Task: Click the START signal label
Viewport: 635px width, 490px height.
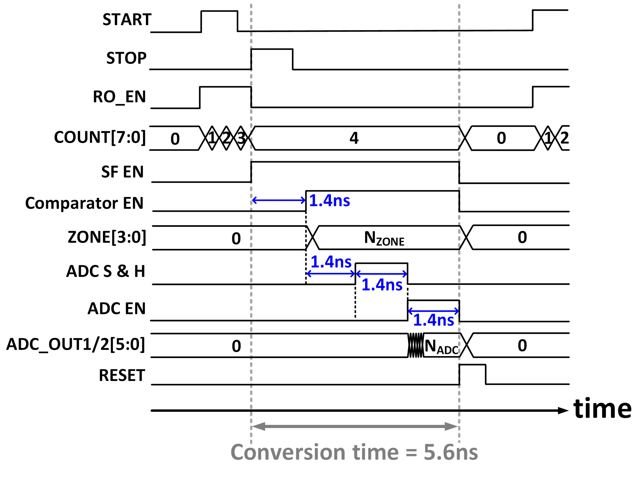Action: tap(127, 20)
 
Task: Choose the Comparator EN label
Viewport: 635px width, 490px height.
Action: tap(84, 203)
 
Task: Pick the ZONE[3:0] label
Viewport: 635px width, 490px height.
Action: tap(107, 237)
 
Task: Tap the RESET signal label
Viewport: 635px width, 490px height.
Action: tap(122, 375)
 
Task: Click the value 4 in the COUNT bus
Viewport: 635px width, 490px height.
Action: tap(354, 138)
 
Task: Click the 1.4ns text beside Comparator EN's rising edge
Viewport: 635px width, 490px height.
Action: tap(329, 201)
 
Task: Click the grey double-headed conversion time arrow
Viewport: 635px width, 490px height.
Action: tap(355, 427)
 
